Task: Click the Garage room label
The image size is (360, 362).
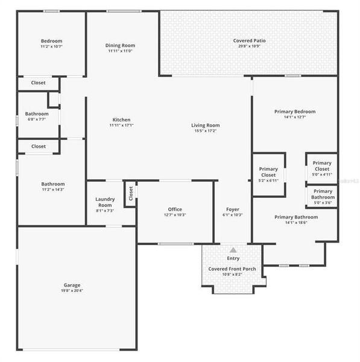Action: pyautogui.click(x=72, y=285)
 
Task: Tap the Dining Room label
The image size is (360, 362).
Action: pyautogui.click(x=121, y=45)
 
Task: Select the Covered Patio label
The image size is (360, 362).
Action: pyautogui.click(x=249, y=40)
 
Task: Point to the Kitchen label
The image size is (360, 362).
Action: pyautogui.click(x=121, y=119)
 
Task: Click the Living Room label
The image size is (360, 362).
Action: pyautogui.click(x=205, y=125)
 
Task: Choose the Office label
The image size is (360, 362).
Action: pyautogui.click(x=175, y=209)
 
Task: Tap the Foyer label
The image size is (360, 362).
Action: pyautogui.click(x=232, y=209)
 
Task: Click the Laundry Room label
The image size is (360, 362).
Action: pyautogui.click(x=105, y=202)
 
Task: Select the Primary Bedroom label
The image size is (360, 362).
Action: pyautogui.click(x=294, y=112)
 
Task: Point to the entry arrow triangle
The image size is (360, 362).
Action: pyautogui.click(x=233, y=250)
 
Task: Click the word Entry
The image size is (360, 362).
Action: pyautogui.click(x=233, y=258)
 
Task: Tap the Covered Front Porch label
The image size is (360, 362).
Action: pyautogui.click(x=232, y=269)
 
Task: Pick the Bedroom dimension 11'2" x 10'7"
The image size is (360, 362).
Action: pyautogui.click(x=51, y=46)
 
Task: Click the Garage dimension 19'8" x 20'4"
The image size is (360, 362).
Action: pyautogui.click(x=72, y=291)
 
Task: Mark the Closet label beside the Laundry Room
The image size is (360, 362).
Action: pyautogui.click(x=130, y=193)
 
